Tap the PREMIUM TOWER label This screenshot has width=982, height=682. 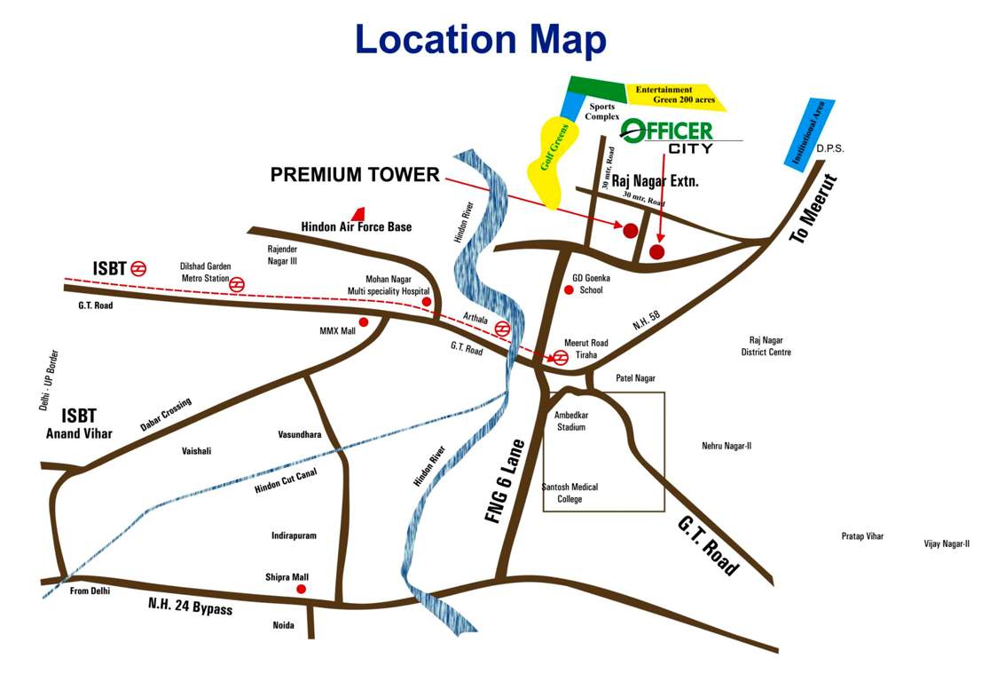pyautogui.click(x=355, y=175)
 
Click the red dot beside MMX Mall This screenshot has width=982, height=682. pyautogui.click(x=363, y=322)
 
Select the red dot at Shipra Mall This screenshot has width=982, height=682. pyautogui.click(x=301, y=589)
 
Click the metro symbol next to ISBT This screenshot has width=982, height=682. pyautogui.click(x=138, y=267)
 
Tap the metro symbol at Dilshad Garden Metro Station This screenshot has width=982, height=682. pyautogui.click(x=237, y=284)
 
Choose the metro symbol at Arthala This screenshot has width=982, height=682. pyautogui.click(x=502, y=327)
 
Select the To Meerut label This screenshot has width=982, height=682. pyautogui.click(x=815, y=210)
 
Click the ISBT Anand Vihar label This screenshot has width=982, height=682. pyautogui.click(x=79, y=424)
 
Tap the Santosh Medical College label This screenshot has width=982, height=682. pyautogui.click(x=570, y=493)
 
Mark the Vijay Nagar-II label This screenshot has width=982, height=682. pyautogui.click(x=947, y=543)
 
